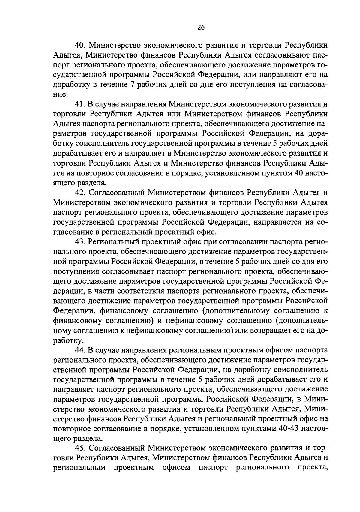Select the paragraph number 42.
(80, 193)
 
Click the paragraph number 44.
(80, 350)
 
